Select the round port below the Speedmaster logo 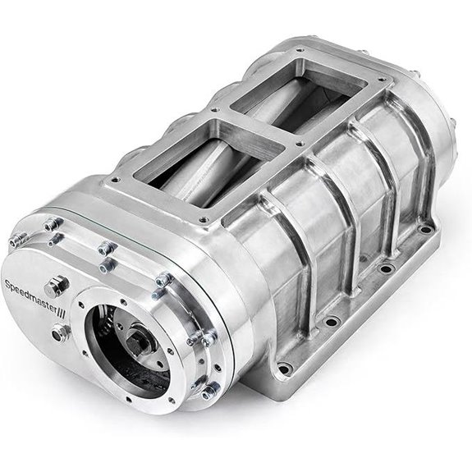coord(60,332)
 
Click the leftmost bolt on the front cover coord(14,241)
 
